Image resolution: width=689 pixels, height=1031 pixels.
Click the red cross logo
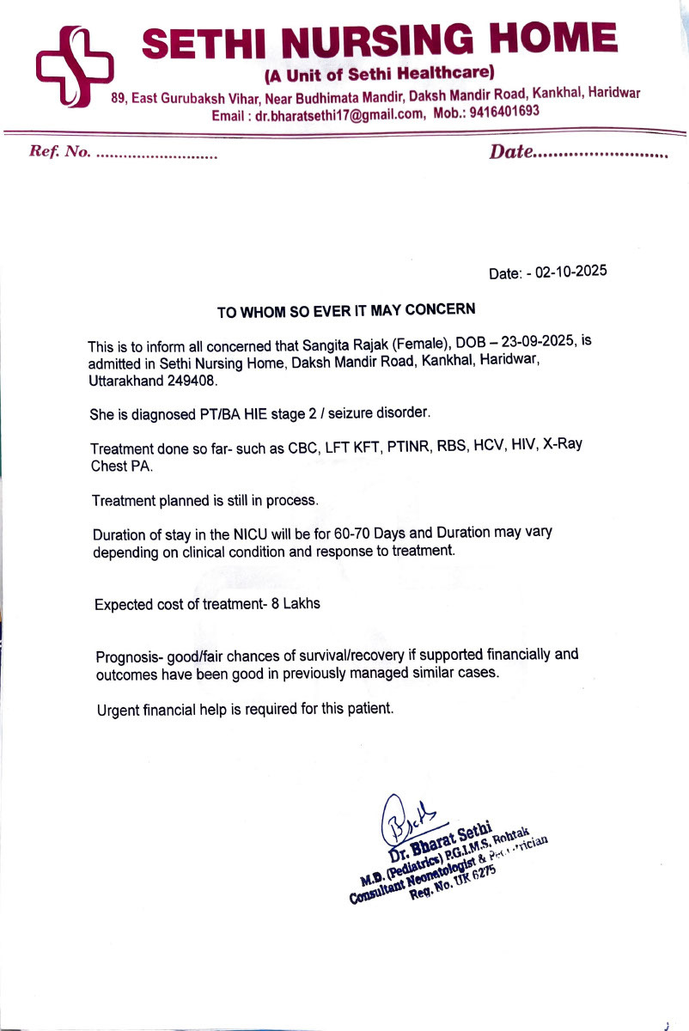point(74,66)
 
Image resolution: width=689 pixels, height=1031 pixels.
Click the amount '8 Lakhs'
point(296,604)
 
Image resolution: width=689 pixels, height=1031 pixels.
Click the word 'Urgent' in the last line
point(119,711)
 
